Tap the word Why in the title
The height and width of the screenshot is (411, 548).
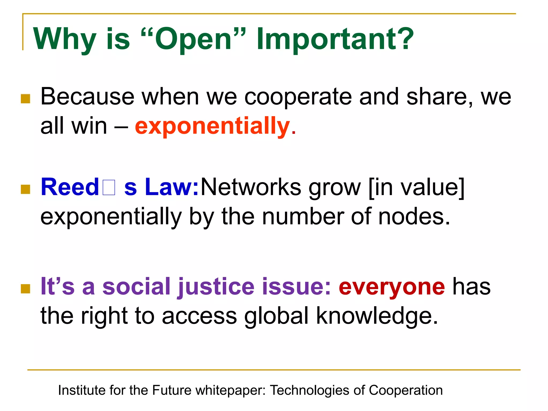point(64,39)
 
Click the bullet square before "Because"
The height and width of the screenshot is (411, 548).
point(26,99)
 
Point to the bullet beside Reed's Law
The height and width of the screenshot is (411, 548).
point(26,189)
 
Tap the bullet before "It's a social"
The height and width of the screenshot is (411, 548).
point(26,289)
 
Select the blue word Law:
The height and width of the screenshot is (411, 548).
point(171,187)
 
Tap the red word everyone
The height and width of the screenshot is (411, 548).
point(392,286)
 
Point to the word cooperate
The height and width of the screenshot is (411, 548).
point(298,97)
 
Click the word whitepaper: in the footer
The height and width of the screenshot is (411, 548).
point(231,390)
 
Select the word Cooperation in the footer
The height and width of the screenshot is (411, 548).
point(406,390)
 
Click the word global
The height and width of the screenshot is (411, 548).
point(277,316)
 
